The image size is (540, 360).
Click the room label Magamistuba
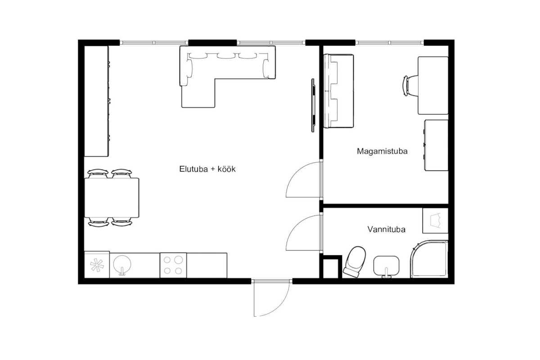(x=382, y=151)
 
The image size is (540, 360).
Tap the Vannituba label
(x=386, y=229)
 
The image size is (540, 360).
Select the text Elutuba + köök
(x=207, y=169)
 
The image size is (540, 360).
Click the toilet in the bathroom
(x=355, y=261)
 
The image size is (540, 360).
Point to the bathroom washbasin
(x=386, y=266)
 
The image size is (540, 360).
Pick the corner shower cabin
(x=429, y=259)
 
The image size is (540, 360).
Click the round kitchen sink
(x=122, y=264)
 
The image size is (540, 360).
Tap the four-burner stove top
(x=173, y=265)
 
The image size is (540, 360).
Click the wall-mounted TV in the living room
(x=313, y=105)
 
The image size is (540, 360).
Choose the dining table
(x=112, y=198)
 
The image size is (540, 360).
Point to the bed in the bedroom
(x=338, y=91)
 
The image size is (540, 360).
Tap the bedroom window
(x=390, y=43)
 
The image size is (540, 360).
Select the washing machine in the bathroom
(x=436, y=220)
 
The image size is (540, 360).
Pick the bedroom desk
(x=433, y=85)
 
